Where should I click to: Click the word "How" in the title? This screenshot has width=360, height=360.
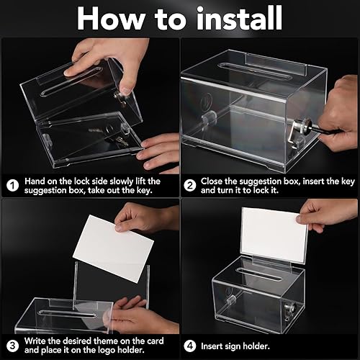point(108,19)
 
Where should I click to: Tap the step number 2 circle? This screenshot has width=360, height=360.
point(191,185)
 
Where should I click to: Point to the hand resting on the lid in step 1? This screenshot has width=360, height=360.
point(90,58)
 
